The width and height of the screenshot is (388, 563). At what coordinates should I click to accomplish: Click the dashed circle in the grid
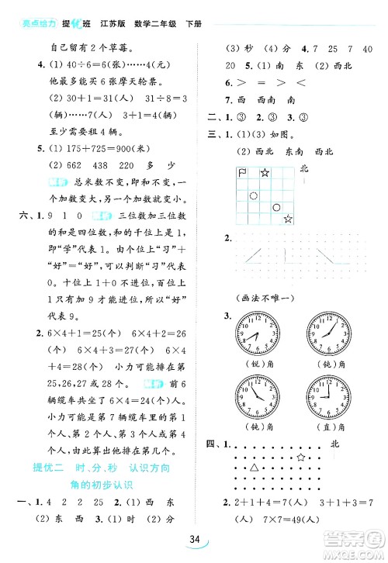[x=254, y=196]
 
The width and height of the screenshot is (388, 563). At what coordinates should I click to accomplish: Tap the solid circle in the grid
[x=277, y=208]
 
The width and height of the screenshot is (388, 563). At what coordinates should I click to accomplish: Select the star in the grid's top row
[x=265, y=172]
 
